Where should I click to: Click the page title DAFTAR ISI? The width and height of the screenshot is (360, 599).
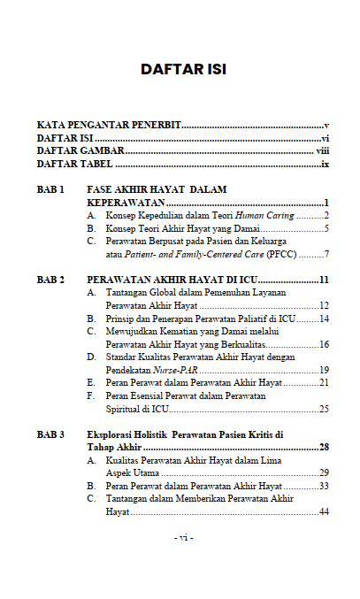[x=184, y=70]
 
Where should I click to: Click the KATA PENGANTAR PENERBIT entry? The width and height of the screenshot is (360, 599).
[x=109, y=127]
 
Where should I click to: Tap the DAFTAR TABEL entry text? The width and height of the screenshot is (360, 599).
[x=75, y=165]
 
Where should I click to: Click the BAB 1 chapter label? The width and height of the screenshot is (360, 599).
[x=50, y=190]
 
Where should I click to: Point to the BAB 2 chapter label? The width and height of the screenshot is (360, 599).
[x=50, y=280]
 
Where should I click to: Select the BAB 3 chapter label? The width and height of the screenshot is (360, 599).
[x=50, y=435]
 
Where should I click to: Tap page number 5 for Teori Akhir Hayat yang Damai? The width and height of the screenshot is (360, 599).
[x=326, y=228]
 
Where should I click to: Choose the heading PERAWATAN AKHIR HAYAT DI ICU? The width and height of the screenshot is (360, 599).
[x=169, y=280]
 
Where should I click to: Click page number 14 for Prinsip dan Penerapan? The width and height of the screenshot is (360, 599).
[x=324, y=319]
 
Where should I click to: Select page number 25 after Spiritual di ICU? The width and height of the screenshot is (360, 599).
[x=324, y=409]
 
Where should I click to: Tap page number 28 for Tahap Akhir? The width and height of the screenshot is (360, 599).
[x=324, y=448]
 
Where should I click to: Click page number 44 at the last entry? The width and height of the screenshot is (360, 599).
[x=324, y=512]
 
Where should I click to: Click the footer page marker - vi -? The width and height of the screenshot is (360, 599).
[x=184, y=538]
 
